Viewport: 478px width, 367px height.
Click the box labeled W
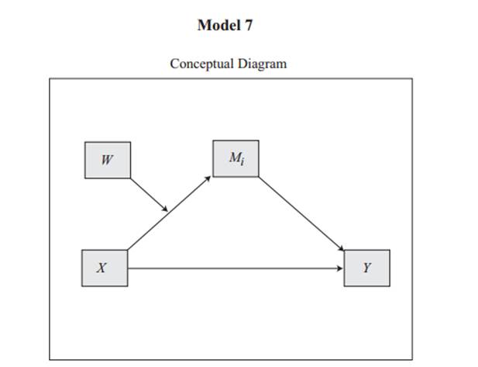click(107, 161)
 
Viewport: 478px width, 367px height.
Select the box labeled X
click(105, 268)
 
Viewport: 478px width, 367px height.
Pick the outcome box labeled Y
click(366, 268)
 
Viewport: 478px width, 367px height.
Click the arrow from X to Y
click(232, 268)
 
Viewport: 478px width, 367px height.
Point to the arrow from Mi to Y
click(302, 213)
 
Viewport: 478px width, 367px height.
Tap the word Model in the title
click(215, 25)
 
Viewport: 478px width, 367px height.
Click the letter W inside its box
click(107, 161)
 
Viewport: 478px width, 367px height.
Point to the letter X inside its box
click(102, 268)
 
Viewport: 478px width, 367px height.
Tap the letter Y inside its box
click(367, 268)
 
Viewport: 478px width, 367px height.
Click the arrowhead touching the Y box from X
click(340, 268)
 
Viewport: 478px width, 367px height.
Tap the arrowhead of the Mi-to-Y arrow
click(342, 249)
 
